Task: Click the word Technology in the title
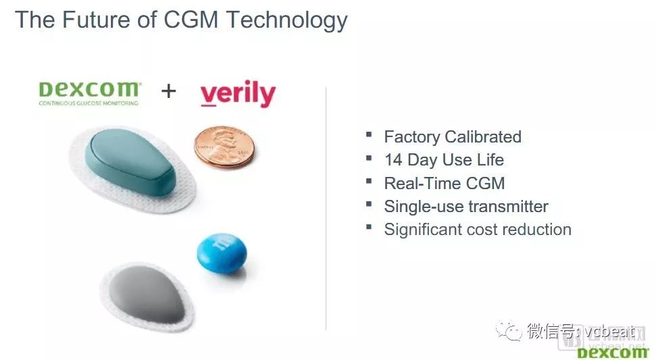click(286, 21)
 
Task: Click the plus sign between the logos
click(169, 91)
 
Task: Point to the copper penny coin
click(224, 147)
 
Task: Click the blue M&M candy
click(222, 253)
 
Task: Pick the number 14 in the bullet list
click(393, 159)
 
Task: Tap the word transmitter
click(507, 206)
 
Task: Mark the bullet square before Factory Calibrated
click(369, 134)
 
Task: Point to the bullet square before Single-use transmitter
click(369, 204)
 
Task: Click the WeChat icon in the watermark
click(509, 332)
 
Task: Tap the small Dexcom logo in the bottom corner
click(613, 353)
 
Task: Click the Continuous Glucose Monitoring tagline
click(89, 103)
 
